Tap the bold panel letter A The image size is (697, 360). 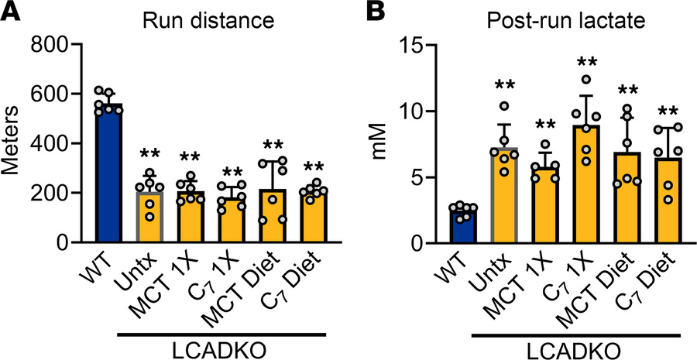[x=11, y=12]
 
